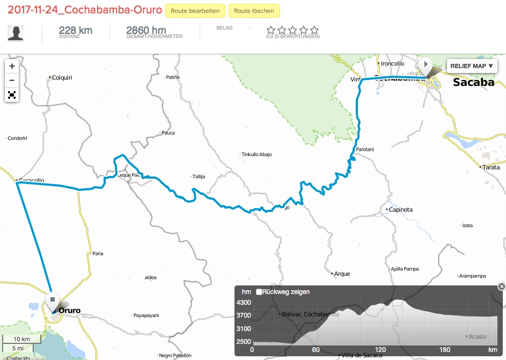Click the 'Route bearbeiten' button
click(195, 11)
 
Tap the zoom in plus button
click(12, 67)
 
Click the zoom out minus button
click(12, 81)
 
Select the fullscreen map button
click(12, 95)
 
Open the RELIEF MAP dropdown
click(471, 66)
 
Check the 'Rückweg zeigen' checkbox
click(259, 292)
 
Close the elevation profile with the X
click(501, 286)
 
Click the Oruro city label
click(69, 310)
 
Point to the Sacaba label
click(473, 82)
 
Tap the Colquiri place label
click(62, 78)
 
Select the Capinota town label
click(400, 210)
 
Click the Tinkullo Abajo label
click(256, 155)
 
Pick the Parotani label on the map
click(364, 149)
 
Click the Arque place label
click(342, 274)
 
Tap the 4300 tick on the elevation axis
click(244, 303)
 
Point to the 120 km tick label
click(380, 350)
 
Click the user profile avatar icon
click(16, 33)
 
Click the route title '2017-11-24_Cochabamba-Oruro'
click(85, 11)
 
